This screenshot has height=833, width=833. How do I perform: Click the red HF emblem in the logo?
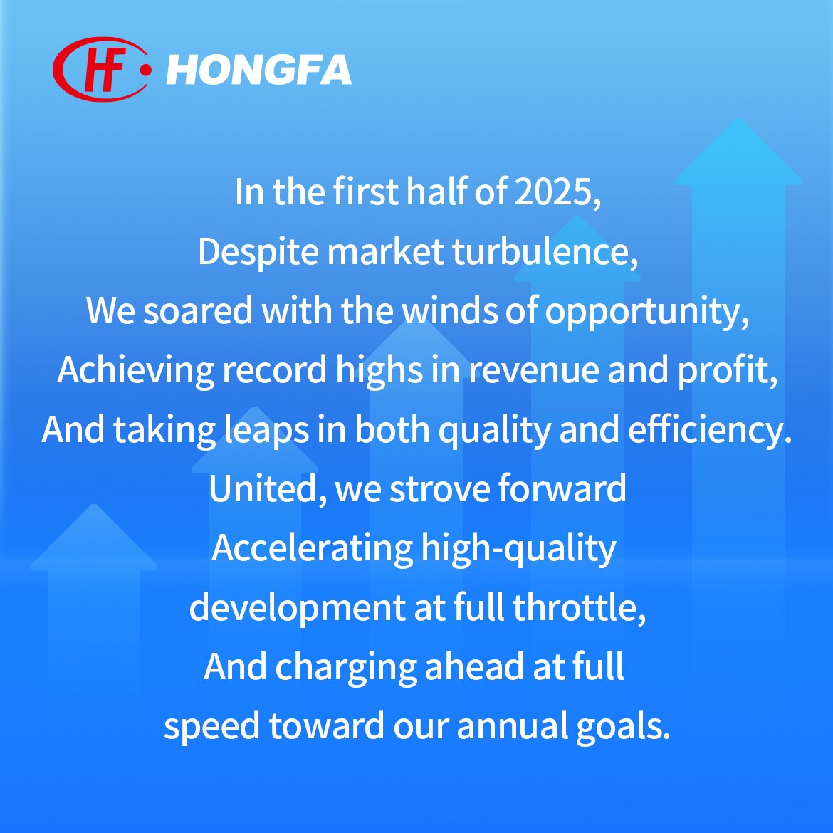pyautogui.click(x=100, y=70)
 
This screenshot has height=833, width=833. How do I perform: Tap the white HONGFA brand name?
pyautogui.click(x=258, y=70)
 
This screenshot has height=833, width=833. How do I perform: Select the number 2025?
pyautogui.click(x=557, y=192)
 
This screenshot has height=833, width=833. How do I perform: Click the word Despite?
pyautogui.click(x=258, y=252)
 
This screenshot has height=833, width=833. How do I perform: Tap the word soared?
pyautogui.click(x=198, y=311)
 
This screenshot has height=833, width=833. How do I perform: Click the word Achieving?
pyautogui.click(x=135, y=371)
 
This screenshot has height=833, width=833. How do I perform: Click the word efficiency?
pyautogui.click(x=710, y=431)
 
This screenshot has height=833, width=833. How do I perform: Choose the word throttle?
pyautogui.click(x=579, y=608)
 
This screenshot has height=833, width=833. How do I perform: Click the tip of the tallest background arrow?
pyautogui.click(x=738, y=118)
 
